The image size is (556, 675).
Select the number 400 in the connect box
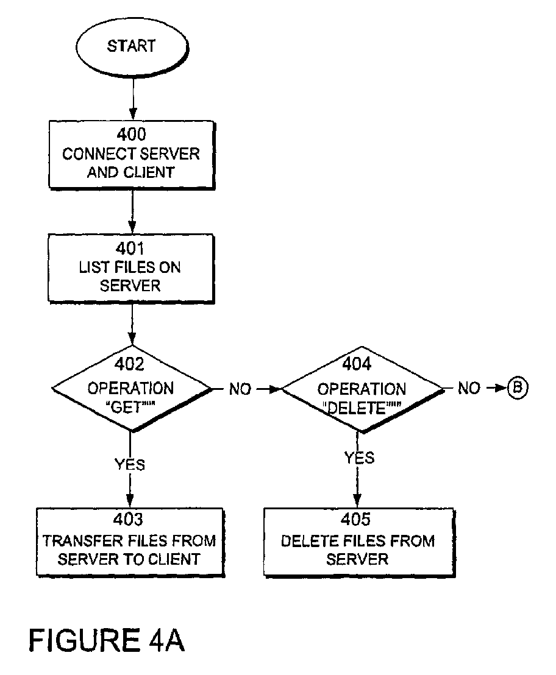point(131,134)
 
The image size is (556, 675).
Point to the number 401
point(130,249)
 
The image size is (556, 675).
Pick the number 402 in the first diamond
point(129,364)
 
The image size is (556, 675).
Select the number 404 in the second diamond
point(357,364)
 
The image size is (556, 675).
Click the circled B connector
point(517,387)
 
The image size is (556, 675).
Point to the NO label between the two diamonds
point(240,389)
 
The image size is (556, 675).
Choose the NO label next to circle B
point(469,388)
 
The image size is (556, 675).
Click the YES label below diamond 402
point(130,464)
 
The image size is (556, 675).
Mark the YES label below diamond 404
point(359,458)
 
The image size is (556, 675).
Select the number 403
point(128,519)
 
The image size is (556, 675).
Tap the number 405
point(355,519)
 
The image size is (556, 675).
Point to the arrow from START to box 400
point(133,99)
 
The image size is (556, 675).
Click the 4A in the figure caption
point(166,640)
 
